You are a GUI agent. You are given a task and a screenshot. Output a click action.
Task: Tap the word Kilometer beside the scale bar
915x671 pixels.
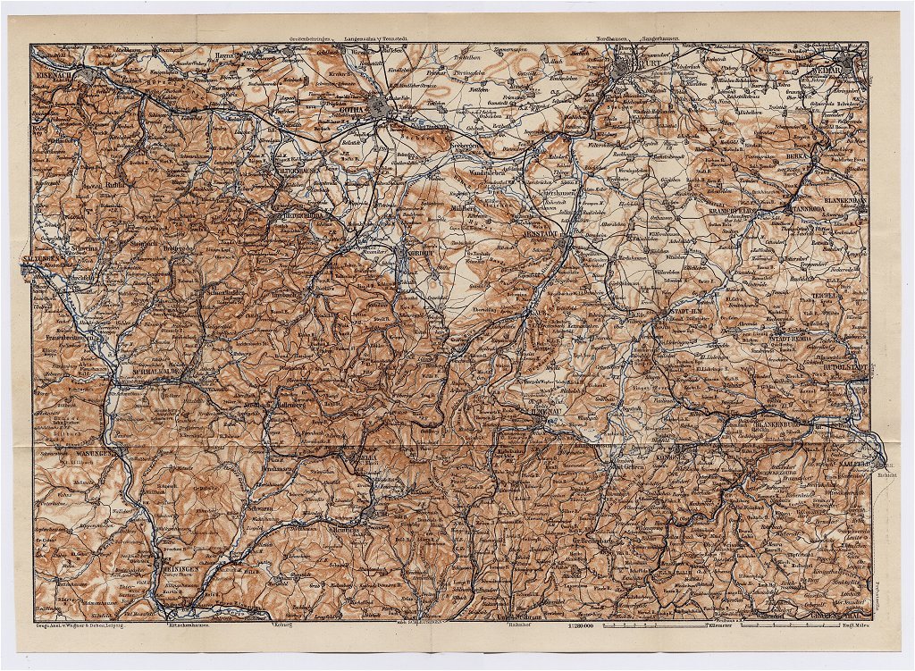[721, 626]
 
